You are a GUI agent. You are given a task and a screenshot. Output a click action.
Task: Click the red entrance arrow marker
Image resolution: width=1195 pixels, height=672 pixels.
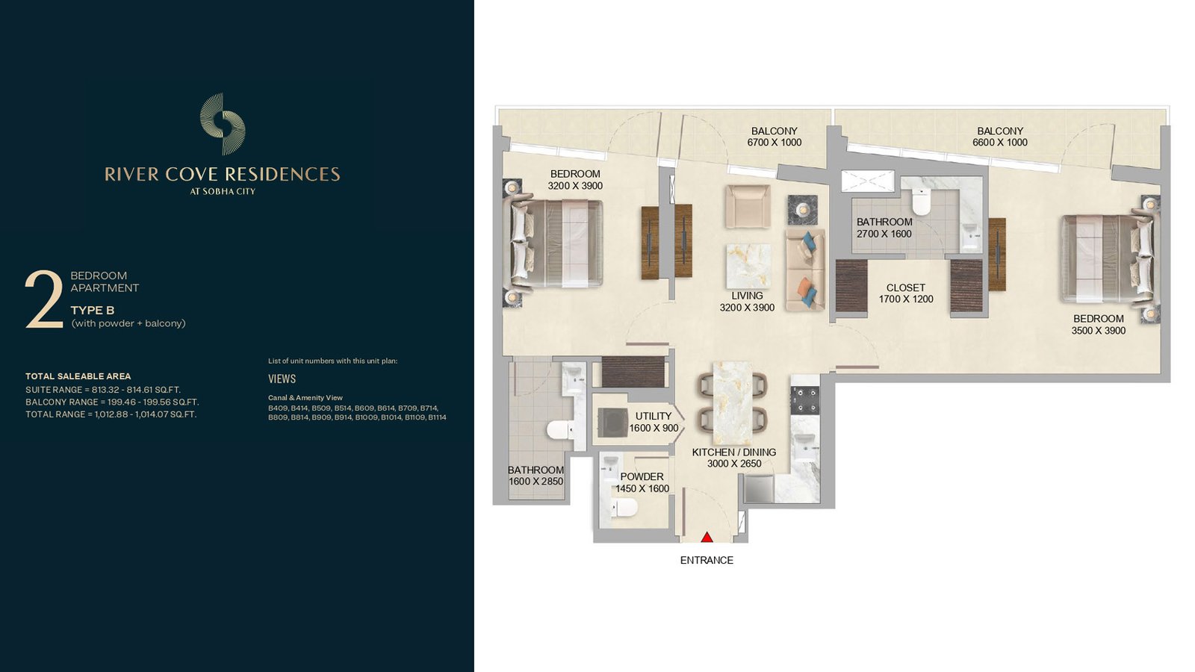(x=707, y=537)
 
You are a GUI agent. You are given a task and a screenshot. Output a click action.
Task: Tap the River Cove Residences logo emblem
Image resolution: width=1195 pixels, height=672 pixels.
(x=223, y=124)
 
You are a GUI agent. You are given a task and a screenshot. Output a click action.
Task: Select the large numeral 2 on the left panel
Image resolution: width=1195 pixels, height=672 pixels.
(x=44, y=299)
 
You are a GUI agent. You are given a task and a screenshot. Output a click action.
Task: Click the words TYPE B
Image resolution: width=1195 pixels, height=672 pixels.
(x=93, y=311)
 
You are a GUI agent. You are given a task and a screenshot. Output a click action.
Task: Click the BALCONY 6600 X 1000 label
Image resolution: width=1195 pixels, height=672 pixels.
(x=1000, y=137)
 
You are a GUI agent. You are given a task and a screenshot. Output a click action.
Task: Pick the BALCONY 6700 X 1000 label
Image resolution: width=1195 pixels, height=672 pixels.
(x=774, y=137)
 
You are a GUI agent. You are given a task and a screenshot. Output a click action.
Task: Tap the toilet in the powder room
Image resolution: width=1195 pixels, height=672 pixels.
(x=624, y=508)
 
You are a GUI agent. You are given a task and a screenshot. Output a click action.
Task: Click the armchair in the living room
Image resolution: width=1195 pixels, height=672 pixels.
(x=748, y=206)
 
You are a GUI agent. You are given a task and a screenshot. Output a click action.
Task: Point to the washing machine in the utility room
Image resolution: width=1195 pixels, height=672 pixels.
(x=612, y=423)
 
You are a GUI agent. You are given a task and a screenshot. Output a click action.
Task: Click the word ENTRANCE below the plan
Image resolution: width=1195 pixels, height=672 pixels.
(x=707, y=561)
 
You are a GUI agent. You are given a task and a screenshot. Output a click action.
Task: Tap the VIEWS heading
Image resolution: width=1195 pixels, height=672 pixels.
(x=282, y=379)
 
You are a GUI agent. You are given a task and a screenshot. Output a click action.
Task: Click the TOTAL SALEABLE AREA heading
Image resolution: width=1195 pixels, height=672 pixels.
(x=78, y=376)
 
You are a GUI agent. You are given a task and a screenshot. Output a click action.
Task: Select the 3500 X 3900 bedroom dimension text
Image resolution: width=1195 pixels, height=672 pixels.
(x=1099, y=331)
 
